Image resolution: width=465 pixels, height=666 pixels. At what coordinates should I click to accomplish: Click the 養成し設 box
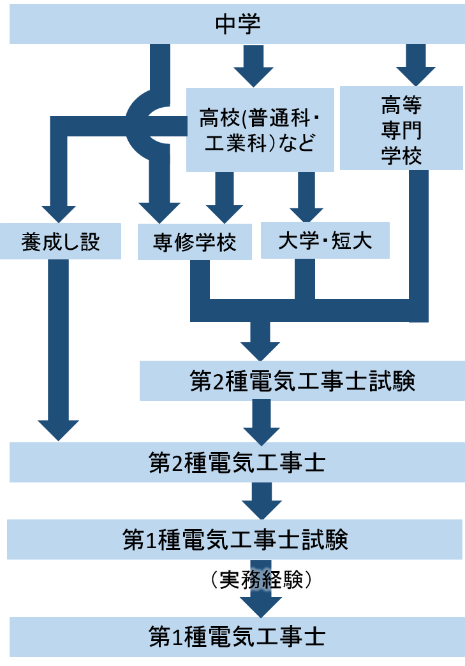click(61, 242)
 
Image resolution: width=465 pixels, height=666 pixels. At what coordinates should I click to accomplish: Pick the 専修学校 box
click(195, 242)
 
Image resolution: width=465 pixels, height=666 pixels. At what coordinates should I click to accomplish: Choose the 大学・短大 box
click(325, 242)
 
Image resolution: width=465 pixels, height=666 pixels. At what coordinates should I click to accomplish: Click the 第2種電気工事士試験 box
click(302, 381)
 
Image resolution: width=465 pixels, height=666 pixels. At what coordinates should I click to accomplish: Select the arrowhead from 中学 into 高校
click(253, 76)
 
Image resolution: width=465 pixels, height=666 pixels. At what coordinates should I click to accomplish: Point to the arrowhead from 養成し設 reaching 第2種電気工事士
click(58, 430)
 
